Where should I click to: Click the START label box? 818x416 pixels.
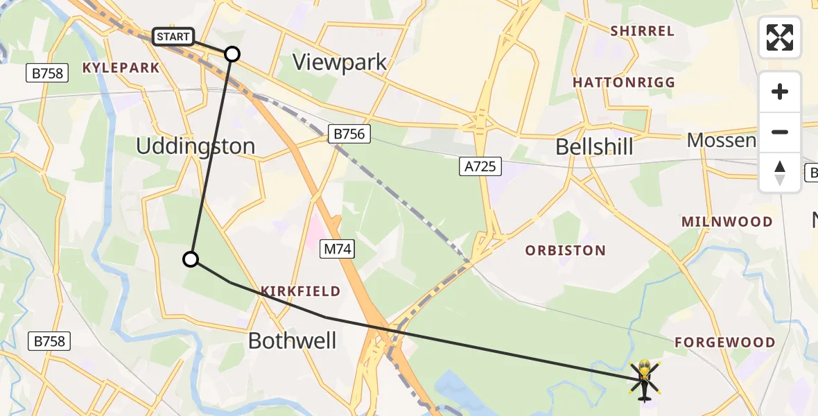click(x=173, y=37)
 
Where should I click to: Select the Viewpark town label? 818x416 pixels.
click(x=340, y=62)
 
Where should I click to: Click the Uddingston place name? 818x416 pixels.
click(x=195, y=146)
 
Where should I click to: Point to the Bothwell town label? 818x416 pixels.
click(x=292, y=340)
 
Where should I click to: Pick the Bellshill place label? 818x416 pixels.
click(x=594, y=147)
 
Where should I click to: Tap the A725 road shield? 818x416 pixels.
click(x=480, y=167)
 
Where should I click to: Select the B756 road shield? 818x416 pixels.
click(x=349, y=134)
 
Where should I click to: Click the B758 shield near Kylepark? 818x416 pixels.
click(x=47, y=72)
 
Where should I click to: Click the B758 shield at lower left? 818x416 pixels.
click(x=49, y=341)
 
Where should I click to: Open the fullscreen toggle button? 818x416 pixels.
click(x=780, y=37)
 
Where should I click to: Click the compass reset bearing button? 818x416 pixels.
click(x=780, y=173)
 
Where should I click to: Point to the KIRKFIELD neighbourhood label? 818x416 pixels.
click(x=300, y=291)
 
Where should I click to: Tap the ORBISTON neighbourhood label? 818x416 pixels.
click(x=566, y=250)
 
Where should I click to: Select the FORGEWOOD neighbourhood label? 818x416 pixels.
click(x=725, y=343)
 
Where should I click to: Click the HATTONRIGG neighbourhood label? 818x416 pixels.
click(x=623, y=83)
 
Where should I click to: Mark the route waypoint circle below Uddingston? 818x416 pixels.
click(x=191, y=259)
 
